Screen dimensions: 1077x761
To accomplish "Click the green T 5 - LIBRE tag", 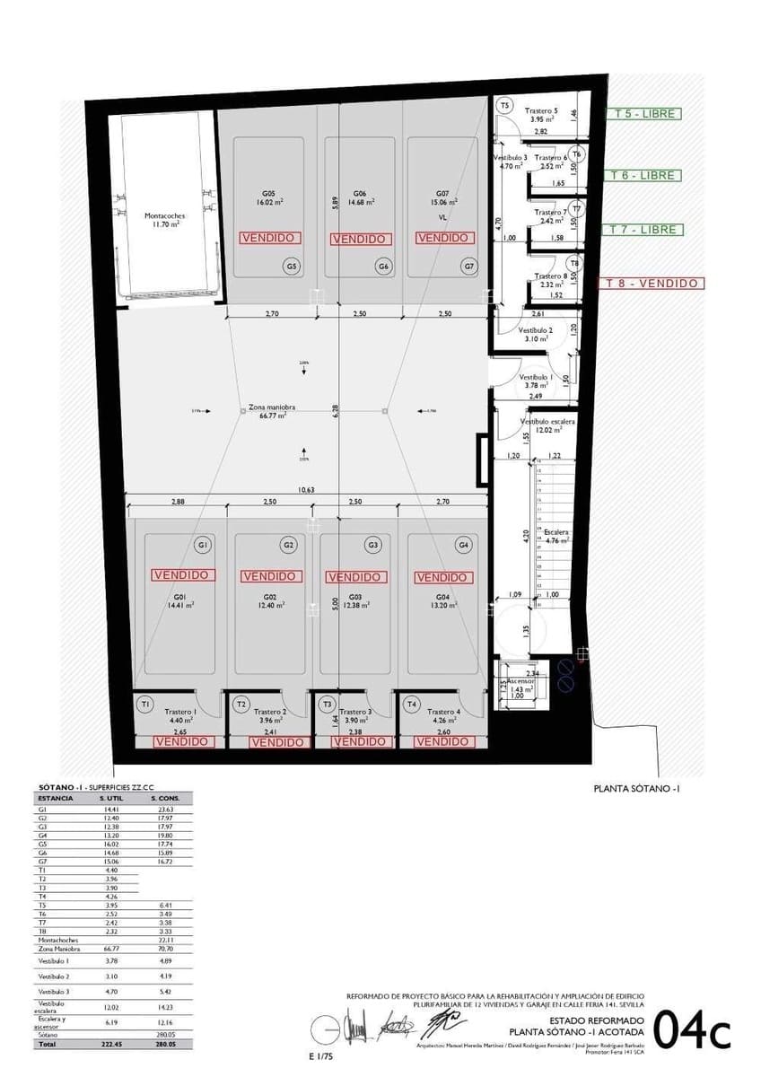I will click(643, 114).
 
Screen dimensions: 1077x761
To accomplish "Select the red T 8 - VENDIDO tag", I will click(652, 284).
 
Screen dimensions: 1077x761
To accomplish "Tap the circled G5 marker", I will click(291, 266).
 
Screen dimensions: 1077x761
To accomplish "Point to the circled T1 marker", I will click(145, 705).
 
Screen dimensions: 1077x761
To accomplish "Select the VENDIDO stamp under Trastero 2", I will click(277, 742).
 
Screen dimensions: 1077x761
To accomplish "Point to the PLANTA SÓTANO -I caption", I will click(638, 789).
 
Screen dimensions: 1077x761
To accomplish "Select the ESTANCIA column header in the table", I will click(55, 797).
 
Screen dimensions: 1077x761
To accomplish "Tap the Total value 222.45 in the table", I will click(110, 1045).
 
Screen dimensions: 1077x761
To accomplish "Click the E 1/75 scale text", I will click(320, 1056).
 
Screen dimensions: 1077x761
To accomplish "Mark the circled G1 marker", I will click(203, 545).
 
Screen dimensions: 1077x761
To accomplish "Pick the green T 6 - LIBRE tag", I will click(643, 175).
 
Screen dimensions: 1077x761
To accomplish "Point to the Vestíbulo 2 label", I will click(538, 330).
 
